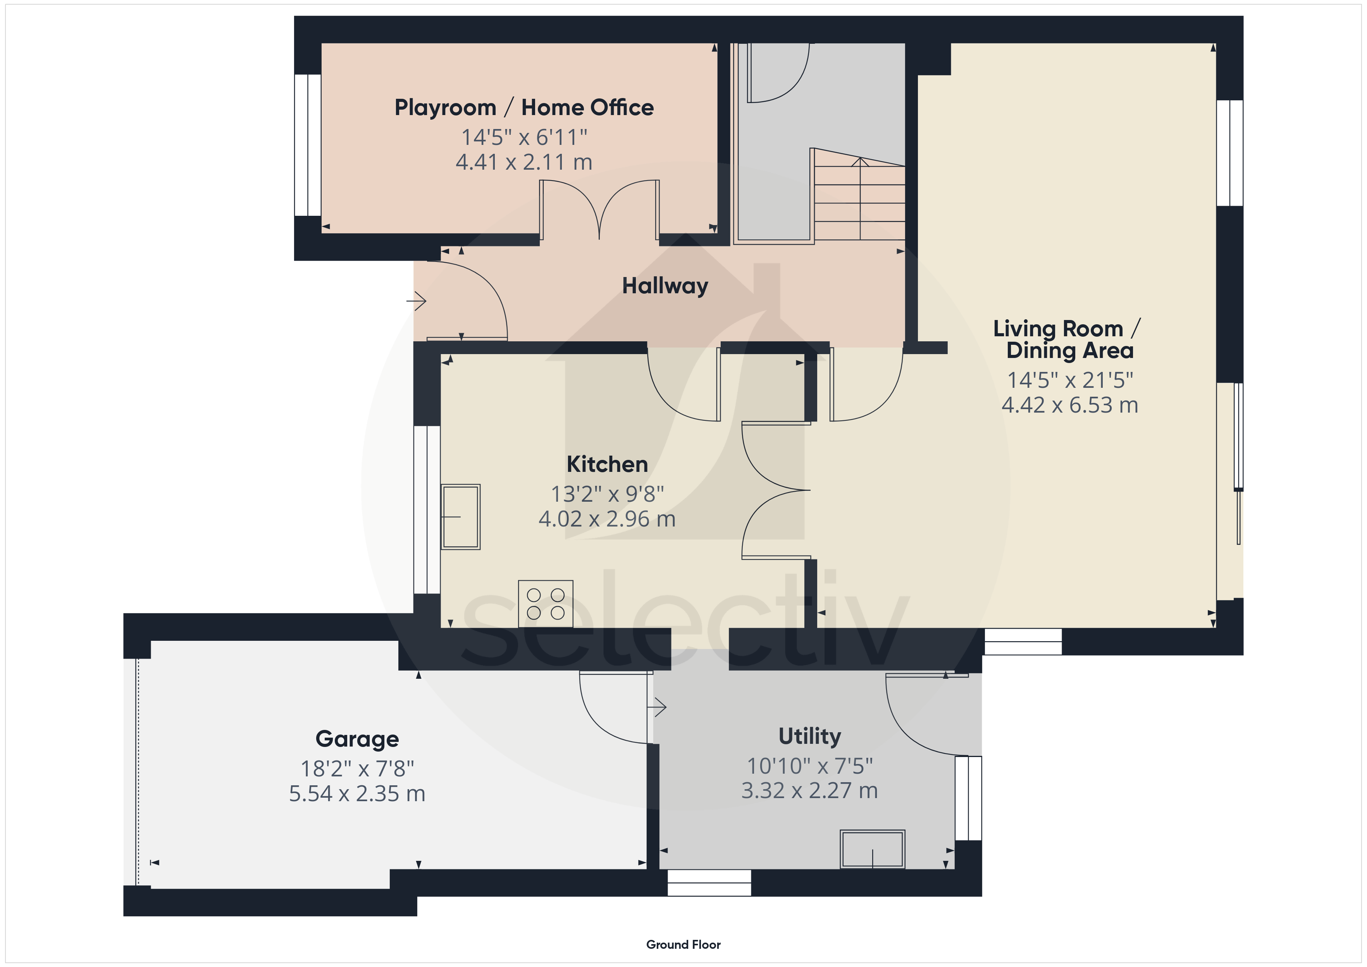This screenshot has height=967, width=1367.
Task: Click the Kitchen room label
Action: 607,464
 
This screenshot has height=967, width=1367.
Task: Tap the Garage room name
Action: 357,739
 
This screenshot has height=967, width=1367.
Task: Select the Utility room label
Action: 810,736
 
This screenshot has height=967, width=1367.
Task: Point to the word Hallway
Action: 665,286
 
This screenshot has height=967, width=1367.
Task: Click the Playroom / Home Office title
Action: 524,108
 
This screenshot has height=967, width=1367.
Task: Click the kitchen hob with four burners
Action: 546,604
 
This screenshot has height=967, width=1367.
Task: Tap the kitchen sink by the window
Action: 460,516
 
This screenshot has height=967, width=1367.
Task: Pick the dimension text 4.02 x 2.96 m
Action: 607,519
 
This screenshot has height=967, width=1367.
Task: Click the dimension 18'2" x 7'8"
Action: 357,769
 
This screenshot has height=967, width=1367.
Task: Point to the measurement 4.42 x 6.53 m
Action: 1070,405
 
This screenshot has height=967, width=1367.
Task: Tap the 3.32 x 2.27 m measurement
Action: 810,791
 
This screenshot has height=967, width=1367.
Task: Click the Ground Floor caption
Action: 683,945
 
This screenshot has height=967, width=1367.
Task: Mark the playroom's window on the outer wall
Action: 308,145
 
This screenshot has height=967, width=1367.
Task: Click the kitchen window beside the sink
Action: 427,510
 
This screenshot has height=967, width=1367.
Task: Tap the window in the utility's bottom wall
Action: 709,883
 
